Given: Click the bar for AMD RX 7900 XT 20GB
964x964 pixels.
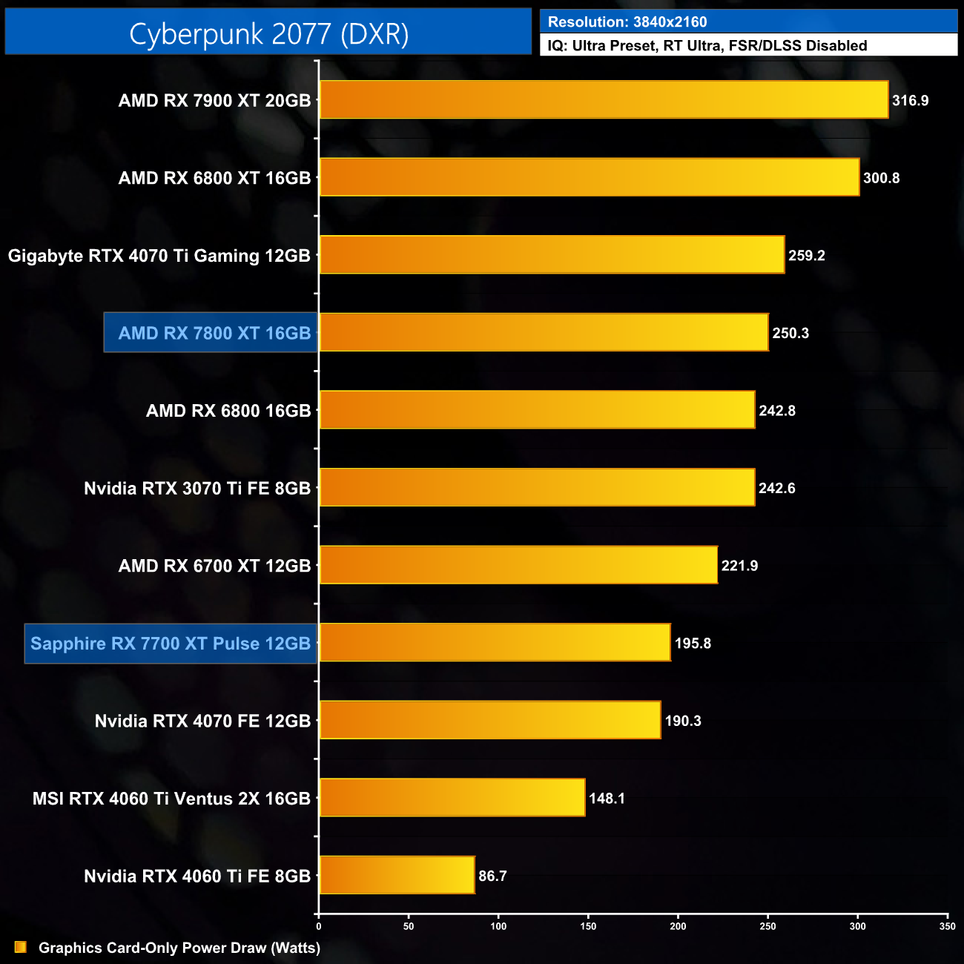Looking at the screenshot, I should [x=604, y=99].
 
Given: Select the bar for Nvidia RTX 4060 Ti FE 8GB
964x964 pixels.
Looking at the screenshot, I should [x=397, y=875].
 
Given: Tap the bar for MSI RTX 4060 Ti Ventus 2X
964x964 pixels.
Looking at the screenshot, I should [x=452, y=798].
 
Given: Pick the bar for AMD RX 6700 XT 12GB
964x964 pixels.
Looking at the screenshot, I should [x=518, y=565].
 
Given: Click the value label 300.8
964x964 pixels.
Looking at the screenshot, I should [x=881, y=178].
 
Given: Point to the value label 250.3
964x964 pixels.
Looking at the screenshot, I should [x=790, y=333].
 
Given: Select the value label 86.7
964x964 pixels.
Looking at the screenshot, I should [x=492, y=876].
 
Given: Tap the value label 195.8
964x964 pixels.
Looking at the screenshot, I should [x=693, y=643].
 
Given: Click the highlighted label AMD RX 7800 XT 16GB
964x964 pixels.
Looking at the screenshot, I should [x=214, y=333].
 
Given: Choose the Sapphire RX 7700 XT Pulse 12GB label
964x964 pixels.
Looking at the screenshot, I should [x=171, y=643].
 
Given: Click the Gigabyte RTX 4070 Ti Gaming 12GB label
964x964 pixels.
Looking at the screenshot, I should [x=159, y=256].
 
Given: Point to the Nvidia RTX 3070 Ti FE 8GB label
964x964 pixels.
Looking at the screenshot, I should [x=197, y=488].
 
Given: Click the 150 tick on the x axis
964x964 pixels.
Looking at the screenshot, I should [x=588, y=925].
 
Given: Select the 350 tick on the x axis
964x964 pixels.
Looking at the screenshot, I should [x=947, y=925].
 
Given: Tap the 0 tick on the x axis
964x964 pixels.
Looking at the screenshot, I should [x=319, y=925].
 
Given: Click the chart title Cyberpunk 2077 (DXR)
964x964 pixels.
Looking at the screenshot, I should [x=268, y=33].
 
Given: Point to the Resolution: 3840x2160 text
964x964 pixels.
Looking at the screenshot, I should [x=627, y=22].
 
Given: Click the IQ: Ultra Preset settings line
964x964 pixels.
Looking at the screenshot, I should [x=707, y=45].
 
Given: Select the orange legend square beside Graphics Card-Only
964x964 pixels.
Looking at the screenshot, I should [x=21, y=947].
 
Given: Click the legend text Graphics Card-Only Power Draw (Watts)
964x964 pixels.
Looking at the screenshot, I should [x=179, y=948].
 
